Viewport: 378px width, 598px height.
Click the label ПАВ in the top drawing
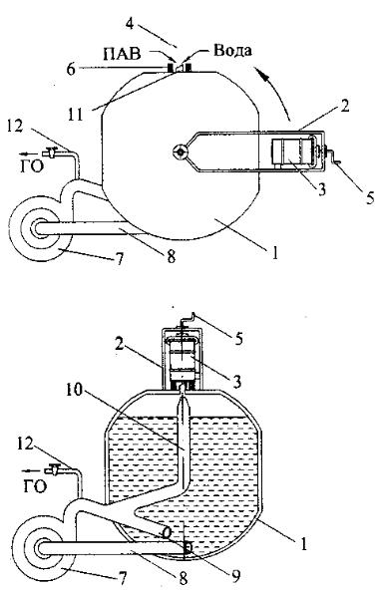click(x=122, y=54)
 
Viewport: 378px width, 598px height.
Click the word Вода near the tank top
click(x=232, y=51)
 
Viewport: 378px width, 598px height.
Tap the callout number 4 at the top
click(x=130, y=23)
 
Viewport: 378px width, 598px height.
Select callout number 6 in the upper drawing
click(x=72, y=70)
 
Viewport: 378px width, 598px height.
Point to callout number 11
click(x=75, y=115)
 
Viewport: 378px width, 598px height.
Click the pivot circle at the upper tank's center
click(x=180, y=151)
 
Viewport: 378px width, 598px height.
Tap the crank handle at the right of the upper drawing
click(x=334, y=158)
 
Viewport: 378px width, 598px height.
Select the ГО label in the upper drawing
click(x=32, y=166)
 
